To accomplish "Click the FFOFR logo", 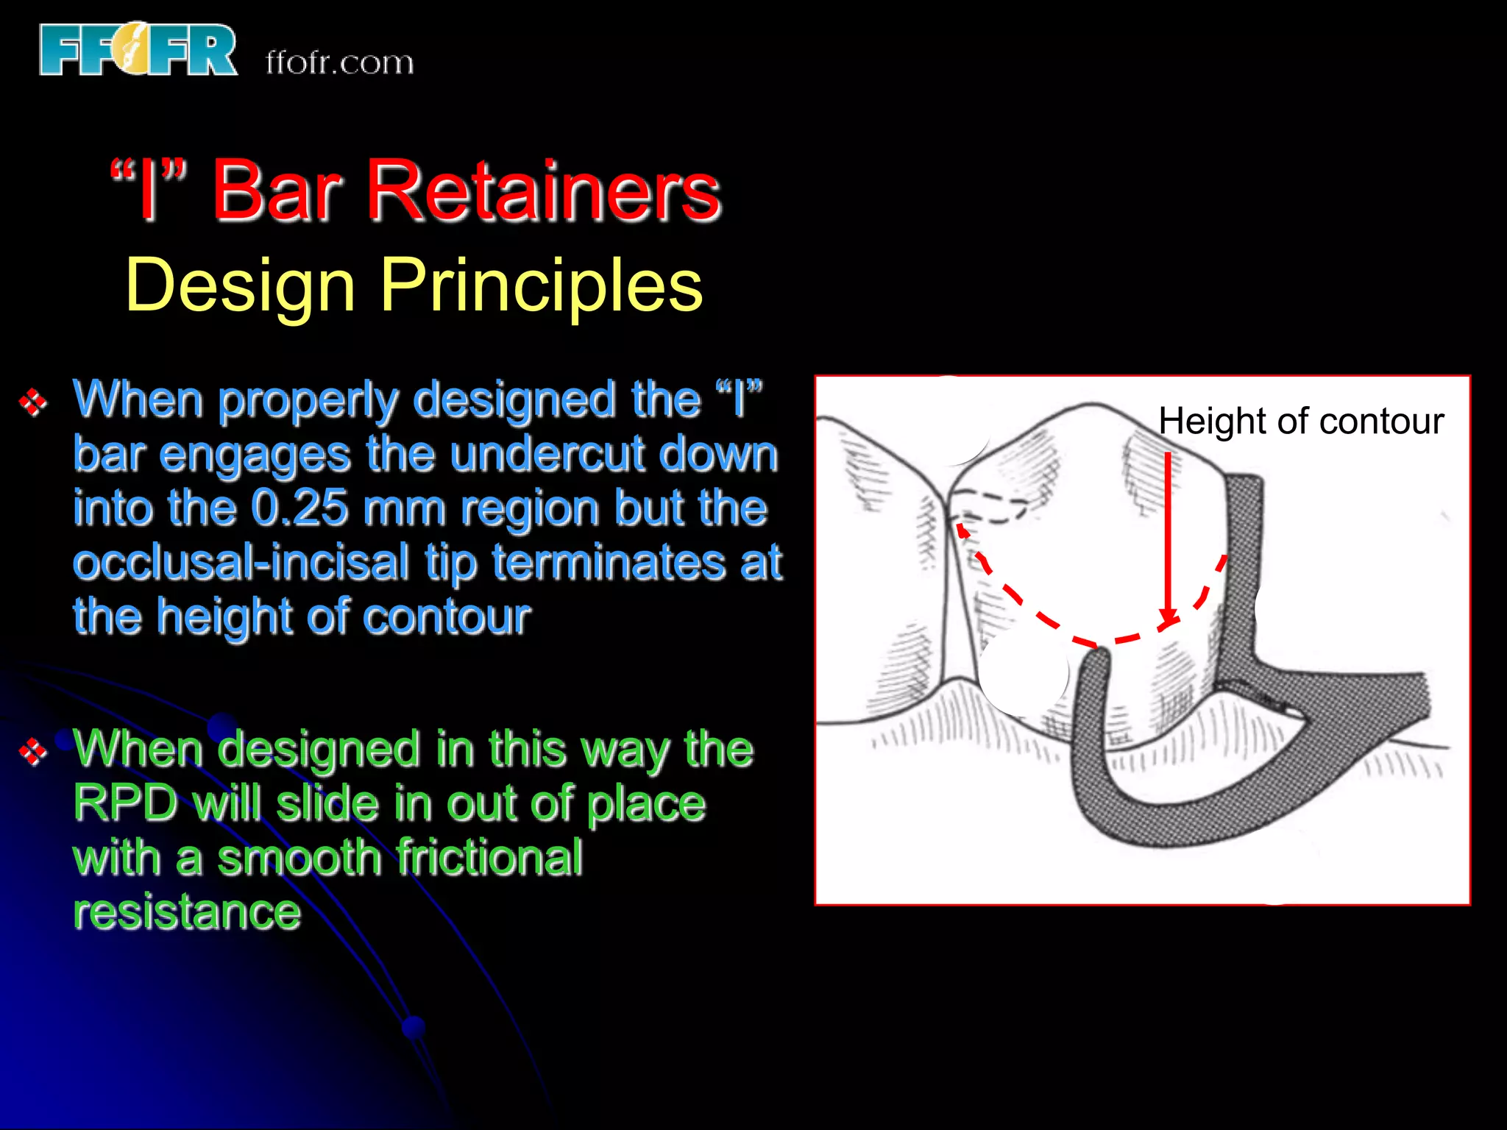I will (138, 50).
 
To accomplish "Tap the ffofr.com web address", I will (339, 63).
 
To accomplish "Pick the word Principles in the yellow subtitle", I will (542, 285).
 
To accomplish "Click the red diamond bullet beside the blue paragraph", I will (33, 402).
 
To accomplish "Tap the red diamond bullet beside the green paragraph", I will (33, 751).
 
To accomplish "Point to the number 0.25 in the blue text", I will (299, 508).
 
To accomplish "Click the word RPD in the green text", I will (126, 803).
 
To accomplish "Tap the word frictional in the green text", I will (490, 858).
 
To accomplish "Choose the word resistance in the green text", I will (187, 912).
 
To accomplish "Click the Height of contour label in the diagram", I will (1301, 422).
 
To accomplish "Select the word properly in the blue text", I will (309, 401).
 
